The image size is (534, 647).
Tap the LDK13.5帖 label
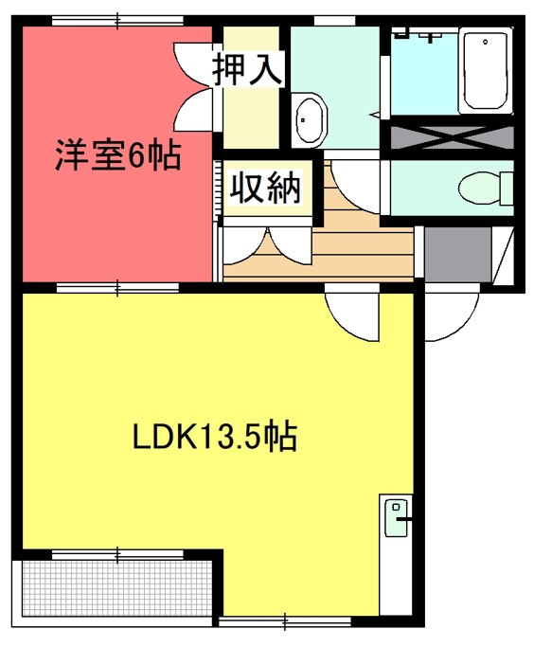tap(214, 437)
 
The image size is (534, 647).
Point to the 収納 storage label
tap(265, 189)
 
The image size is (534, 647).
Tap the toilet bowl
tap(485, 188)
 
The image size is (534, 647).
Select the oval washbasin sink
tap(309, 119)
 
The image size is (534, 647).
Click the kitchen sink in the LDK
tap(396, 518)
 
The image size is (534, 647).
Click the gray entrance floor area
tap(457, 254)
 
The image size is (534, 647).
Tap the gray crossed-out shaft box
tap(452, 137)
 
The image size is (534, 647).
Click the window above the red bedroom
tap(118, 20)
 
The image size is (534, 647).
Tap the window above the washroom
tap(334, 20)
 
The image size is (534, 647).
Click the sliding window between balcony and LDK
tap(118, 555)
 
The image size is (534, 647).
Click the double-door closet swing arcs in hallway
tap(267, 246)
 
